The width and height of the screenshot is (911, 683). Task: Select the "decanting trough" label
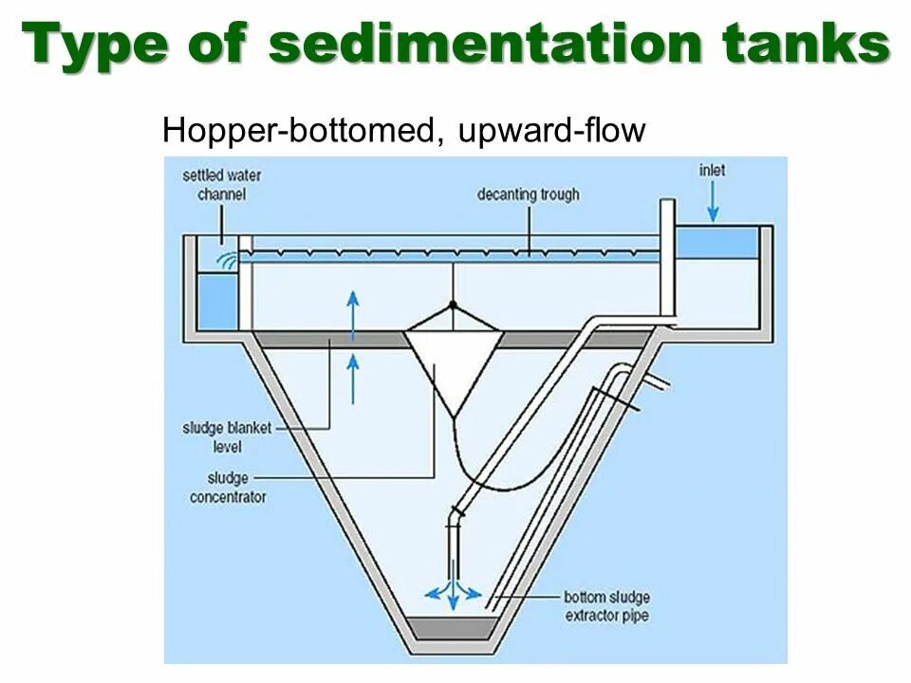pyautogui.click(x=529, y=195)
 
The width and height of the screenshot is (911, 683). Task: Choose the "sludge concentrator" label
pyautogui.click(x=229, y=488)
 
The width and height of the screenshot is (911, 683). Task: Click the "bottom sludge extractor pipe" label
pyautogui.click(x=607, y=606)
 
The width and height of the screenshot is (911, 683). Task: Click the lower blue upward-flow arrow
pyautogui.click(x=353, y=376)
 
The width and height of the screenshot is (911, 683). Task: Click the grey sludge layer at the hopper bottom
pyautogui.click(x=454, y=628)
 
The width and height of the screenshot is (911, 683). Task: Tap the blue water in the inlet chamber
pyautogui.click(x=716, y=243)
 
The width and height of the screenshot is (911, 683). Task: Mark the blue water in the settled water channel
pyautogui.click(x=215, y=302)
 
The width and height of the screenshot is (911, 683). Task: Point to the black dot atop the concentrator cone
pyautogui.click(x=454, y=305)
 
